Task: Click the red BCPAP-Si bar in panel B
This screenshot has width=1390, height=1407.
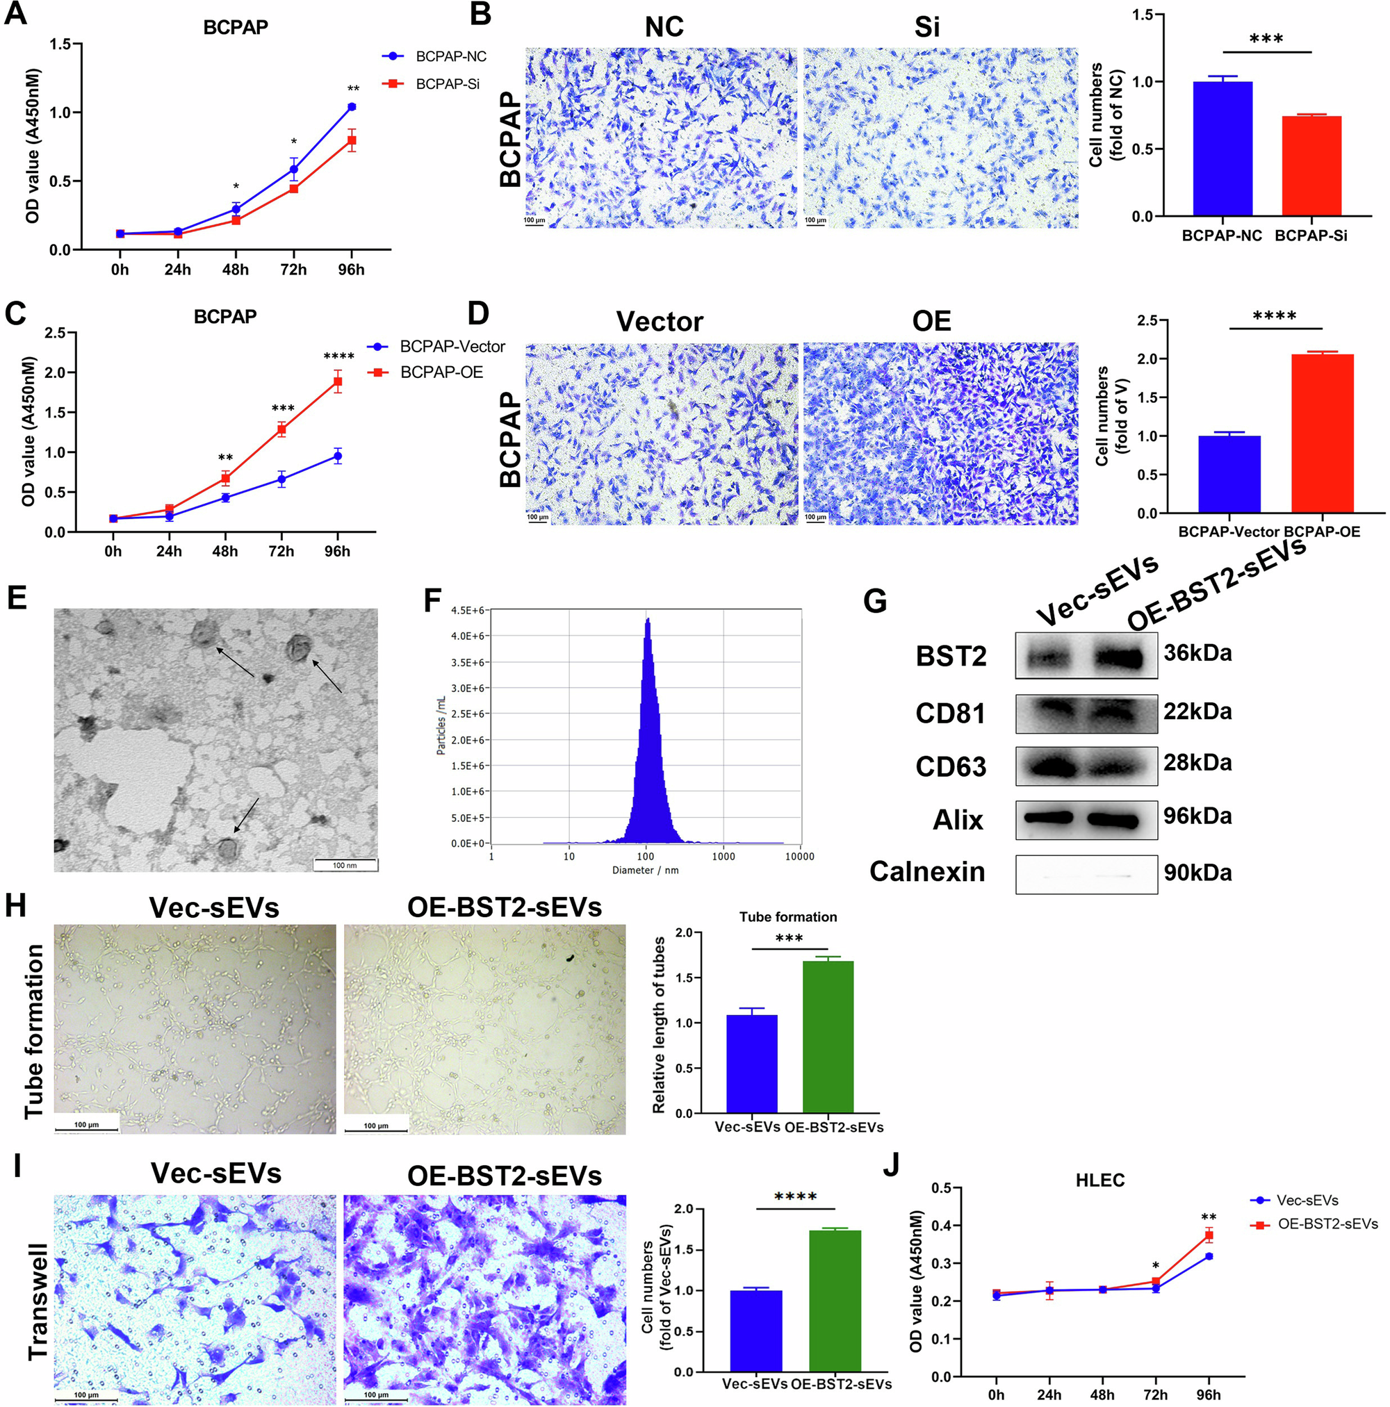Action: point(1311,166)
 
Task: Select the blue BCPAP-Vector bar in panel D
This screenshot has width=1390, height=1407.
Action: point(1229,474)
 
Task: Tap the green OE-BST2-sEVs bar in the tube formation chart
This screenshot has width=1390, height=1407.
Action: point(828,1037)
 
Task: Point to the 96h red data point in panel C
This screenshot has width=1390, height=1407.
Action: point(337,381)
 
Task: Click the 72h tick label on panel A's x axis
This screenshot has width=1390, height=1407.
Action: point(293,270)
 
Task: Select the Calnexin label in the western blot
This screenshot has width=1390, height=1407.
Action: point(926,872)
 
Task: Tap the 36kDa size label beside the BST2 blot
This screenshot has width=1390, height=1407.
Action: point(1197,652)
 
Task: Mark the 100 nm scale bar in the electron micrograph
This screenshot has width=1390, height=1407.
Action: point(345,864)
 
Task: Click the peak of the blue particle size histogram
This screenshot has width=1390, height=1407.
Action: point(647,620)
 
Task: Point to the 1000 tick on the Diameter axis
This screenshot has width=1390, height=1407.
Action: point(723,857)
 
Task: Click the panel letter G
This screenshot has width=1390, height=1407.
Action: point(874,602)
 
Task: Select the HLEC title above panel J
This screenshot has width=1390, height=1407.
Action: point(1099,1180)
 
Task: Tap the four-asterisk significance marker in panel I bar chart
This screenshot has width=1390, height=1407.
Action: point(795,1196)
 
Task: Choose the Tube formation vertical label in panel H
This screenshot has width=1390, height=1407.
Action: point(33,1031)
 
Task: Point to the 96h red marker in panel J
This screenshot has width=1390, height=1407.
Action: point(1209,1235)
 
